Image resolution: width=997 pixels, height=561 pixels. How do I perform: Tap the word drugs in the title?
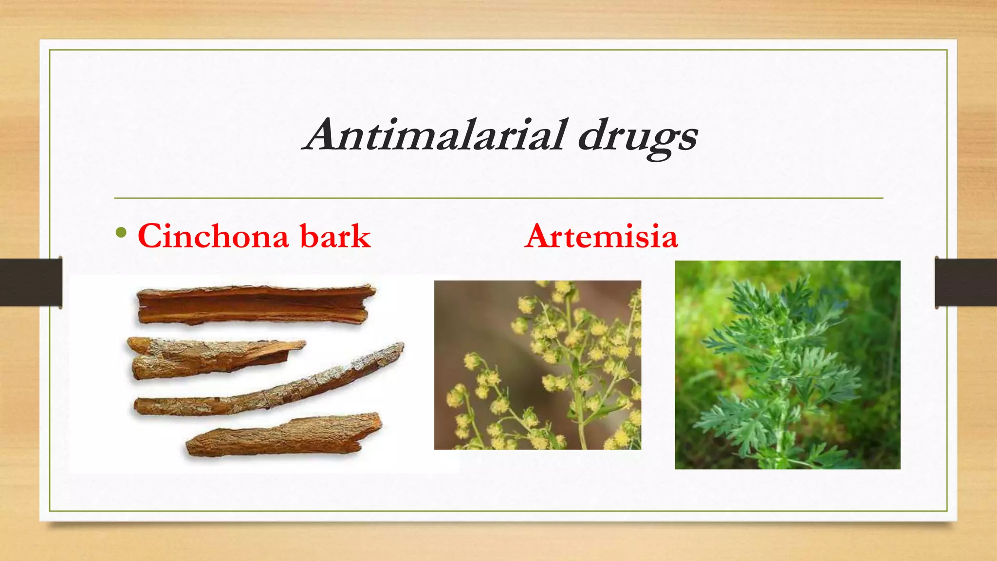pyautogui.click(x=638, y=136)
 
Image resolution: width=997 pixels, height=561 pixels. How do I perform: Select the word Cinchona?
pyautogui.click(x=213, y=237)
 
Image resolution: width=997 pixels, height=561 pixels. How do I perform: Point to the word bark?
pyautogui.click(x=335, y=237)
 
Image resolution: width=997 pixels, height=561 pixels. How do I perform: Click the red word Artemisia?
pyautogui.click(x=601, y=237)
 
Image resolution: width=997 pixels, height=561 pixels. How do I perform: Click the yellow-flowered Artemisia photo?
pyautogui.click(x=537, y=365)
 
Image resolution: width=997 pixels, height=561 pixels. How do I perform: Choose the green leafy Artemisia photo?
pyautogui.click(x=787, y=365)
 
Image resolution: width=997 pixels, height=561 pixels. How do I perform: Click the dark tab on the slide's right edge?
pyautogui.click(x=966, y=282)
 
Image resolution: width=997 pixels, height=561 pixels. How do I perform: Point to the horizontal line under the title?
pyautogui.click(x=498, y=198)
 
